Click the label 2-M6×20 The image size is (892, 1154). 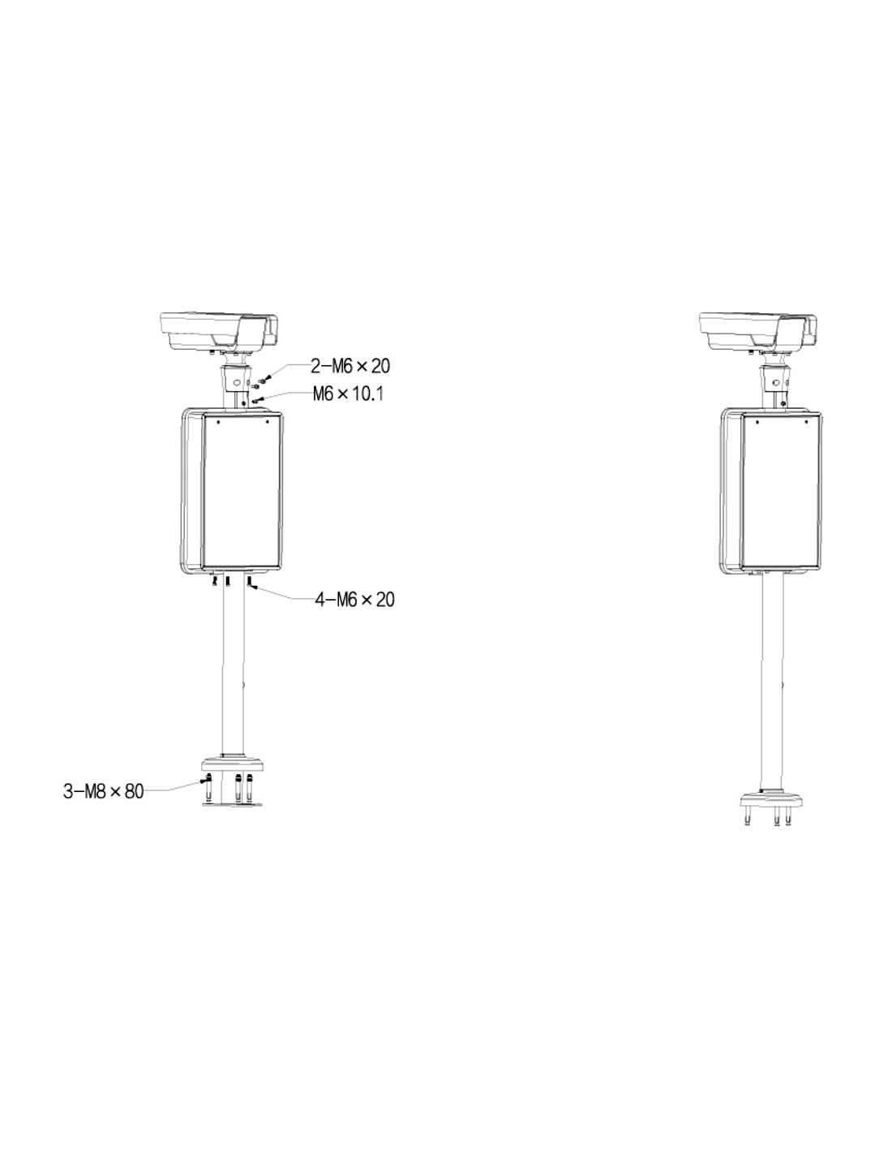(x=350, y=365)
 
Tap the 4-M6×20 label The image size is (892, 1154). (x=354, y=600)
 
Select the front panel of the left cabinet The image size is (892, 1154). (x=242, y=491)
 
